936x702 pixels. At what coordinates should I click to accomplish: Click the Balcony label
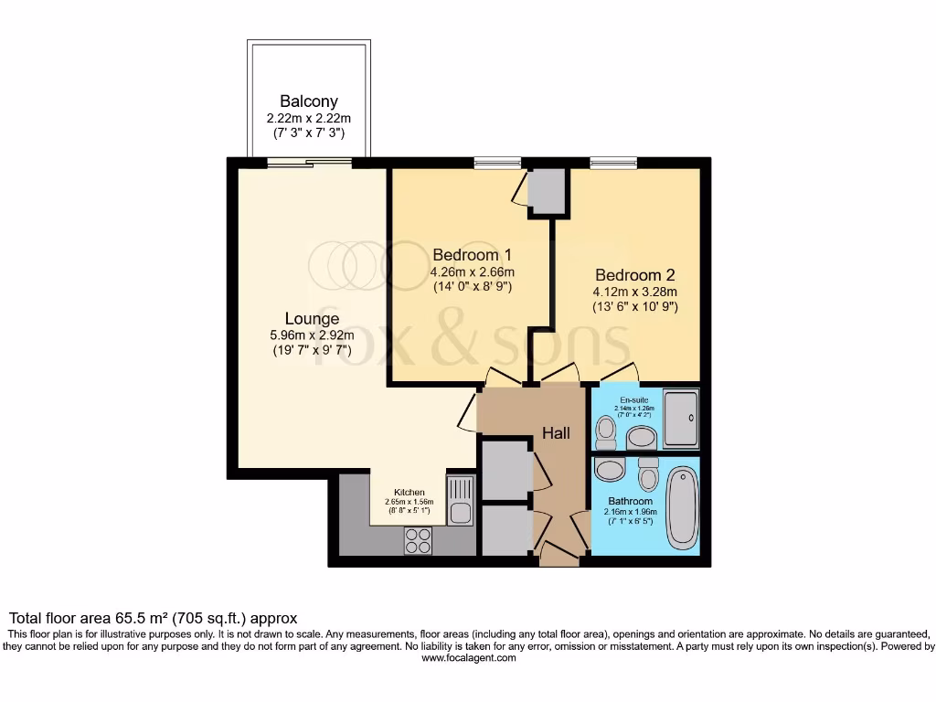click(x=309, y=101)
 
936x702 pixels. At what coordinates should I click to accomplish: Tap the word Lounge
click(x=312, y=319)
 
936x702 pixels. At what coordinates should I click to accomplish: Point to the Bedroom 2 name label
click(x=635, y=274)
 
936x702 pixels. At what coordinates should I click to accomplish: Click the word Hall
click(x=556, y=432)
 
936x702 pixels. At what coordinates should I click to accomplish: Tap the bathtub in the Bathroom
click(x=681, y=508)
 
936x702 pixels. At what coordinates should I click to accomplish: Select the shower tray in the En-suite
click(x=681, y=420)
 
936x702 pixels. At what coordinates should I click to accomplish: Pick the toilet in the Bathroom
click(x=649, y=474)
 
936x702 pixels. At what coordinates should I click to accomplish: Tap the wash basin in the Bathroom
click(x=608, y=471)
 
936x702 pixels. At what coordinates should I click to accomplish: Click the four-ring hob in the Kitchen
click(x=419, y=541)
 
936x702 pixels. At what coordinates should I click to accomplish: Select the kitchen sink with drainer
click(x=460, y=501)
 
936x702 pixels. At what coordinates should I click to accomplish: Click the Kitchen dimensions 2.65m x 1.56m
click(x=409, y=502)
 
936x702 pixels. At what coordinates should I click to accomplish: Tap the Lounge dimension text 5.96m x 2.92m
click(x=312, y=335)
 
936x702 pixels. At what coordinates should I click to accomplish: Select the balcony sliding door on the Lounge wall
click(x=309, y=164)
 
